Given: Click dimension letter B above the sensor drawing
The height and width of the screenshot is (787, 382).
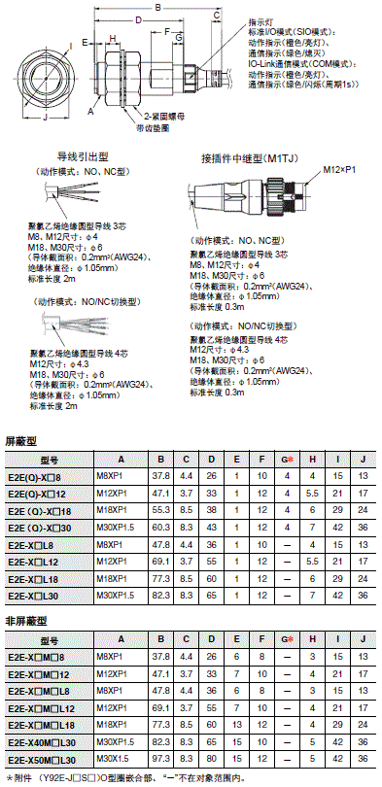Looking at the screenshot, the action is pyautogui.click(x=159, y=7).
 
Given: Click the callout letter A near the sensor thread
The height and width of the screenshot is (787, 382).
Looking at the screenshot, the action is pyautogui.click(x=90, y=112).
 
